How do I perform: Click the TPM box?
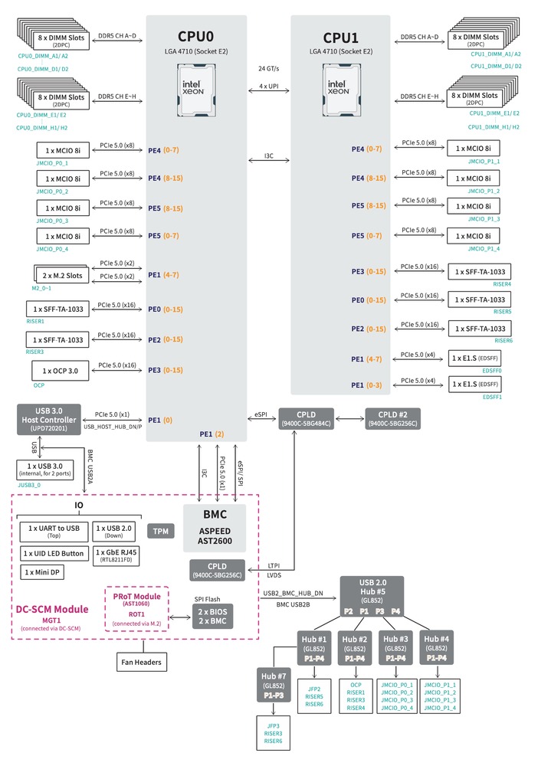tap(160, 531)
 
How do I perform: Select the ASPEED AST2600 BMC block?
tap(215, 527)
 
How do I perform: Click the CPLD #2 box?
tap(393, 419)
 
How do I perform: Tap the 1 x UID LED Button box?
tap(52, 552)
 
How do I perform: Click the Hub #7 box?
tap(274, 684)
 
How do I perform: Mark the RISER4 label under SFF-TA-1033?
tap(503, 284)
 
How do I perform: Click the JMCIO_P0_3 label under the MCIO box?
tap(52, 221)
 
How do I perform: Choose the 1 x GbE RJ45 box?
tap(117, 552)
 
